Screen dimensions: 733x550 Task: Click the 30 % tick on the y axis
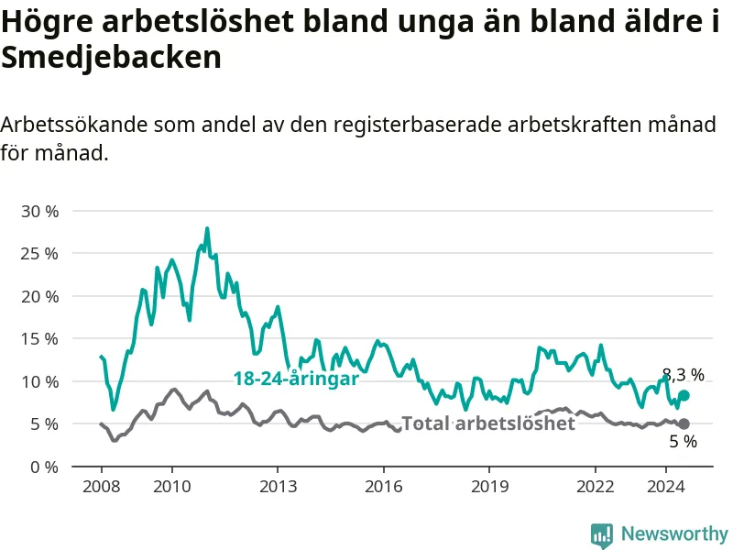39,212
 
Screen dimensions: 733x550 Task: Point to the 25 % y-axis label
39,254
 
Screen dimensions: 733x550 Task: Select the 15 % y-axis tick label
39,339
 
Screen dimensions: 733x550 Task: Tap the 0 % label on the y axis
44,467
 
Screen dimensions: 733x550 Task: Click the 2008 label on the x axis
102,487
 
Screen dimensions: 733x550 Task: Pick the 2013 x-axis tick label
278,487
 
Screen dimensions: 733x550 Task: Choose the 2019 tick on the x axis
489,487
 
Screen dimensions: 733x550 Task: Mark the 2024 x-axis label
666,487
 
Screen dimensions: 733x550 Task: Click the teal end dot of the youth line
684,396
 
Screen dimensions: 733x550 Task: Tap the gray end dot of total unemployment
684,423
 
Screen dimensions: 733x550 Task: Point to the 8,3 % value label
684,375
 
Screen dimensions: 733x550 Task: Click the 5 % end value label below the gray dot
683,442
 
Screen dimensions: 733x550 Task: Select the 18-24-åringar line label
296,379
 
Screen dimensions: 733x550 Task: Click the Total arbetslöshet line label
488,423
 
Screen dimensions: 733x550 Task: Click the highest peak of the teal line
207,228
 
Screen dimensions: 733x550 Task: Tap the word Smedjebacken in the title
111,58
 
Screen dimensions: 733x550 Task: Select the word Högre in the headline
48,22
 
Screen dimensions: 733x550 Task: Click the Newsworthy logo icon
602,534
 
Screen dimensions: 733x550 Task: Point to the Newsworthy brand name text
674,533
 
